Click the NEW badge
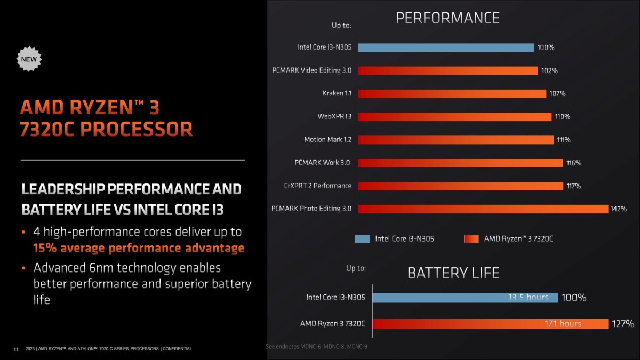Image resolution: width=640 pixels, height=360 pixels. (29, 59)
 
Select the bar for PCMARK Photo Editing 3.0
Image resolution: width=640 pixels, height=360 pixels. (483, 209)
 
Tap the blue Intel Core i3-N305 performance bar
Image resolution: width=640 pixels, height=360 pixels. (445, 47)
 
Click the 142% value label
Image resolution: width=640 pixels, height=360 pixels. (618, 209)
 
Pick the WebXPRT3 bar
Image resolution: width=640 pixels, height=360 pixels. (454, 117)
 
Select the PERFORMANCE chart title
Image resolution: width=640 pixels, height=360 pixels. (447, 18)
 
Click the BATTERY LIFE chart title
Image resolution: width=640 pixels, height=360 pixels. (453, 273)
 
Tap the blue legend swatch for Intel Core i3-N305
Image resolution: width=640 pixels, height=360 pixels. (362, 239)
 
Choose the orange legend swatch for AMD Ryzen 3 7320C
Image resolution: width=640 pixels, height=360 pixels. (471, 239)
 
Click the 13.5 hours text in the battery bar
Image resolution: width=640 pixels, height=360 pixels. (528, 298)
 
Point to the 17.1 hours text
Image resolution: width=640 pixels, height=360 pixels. (563, 324)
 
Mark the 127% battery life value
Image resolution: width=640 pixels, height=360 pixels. (623, 324)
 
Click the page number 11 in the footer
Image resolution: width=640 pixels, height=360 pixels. (15, 349)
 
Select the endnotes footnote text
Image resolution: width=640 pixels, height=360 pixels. (316, 347)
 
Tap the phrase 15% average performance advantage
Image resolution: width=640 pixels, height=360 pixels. (139, 248)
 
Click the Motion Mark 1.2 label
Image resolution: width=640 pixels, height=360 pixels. (328, 140)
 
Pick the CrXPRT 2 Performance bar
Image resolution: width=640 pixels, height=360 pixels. (460, 186)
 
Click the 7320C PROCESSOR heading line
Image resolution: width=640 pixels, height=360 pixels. (106, 130)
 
